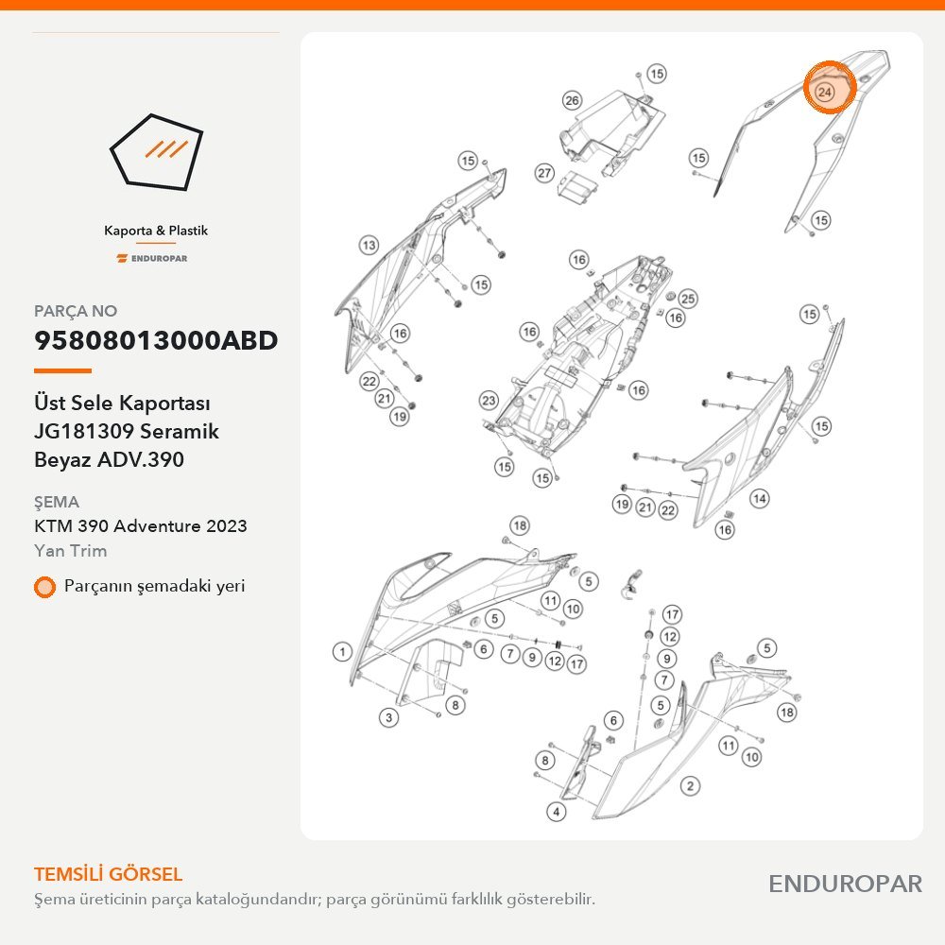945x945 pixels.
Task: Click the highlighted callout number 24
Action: tap(824, 93)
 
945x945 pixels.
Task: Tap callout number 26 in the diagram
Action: tap(572, 101)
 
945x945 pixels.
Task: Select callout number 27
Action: tap(545, 174)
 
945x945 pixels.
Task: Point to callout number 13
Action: tap(369, 246)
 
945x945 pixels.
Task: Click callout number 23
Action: tap(489, 400)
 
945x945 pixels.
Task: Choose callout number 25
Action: tap(688, 299)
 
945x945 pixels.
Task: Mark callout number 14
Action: tap(760, 498)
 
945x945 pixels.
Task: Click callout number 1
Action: tap(342, 651)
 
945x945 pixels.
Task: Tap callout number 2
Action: tap(690, 786)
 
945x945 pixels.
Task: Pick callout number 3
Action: tap(388, 717)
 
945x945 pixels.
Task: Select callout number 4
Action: tap(557, 811)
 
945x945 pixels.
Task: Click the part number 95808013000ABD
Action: tap(156, 340)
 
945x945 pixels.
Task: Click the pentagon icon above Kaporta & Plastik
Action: tap(156, 152)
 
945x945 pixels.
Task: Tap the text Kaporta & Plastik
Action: tap(156, 231)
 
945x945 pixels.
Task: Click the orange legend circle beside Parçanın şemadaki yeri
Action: tap(44, 587)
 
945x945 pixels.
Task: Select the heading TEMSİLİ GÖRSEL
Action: tap(109, 874)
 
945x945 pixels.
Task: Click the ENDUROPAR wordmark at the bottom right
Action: tap(845, 885)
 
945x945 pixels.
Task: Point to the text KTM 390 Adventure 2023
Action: tap(141, 526)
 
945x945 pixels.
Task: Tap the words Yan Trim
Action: tap(71, 551)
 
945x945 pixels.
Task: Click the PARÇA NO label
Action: tap(76, 311)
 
